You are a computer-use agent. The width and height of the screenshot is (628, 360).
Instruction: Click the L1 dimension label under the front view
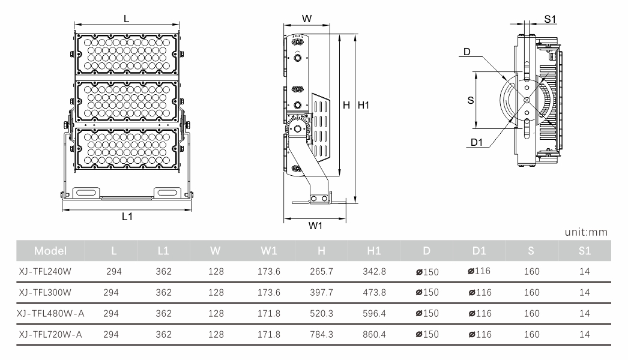[x=127, y=217]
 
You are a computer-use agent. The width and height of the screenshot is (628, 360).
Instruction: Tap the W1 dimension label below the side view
[x=316, y=226]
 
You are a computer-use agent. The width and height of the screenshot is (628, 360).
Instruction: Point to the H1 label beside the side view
[x=363, y=105]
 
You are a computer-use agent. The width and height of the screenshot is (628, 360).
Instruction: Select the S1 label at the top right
[x=550, y=19]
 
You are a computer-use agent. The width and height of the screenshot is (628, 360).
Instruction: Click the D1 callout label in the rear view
[x=478, y=142]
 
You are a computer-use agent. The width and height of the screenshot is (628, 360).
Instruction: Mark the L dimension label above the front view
[x=126, y=19]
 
